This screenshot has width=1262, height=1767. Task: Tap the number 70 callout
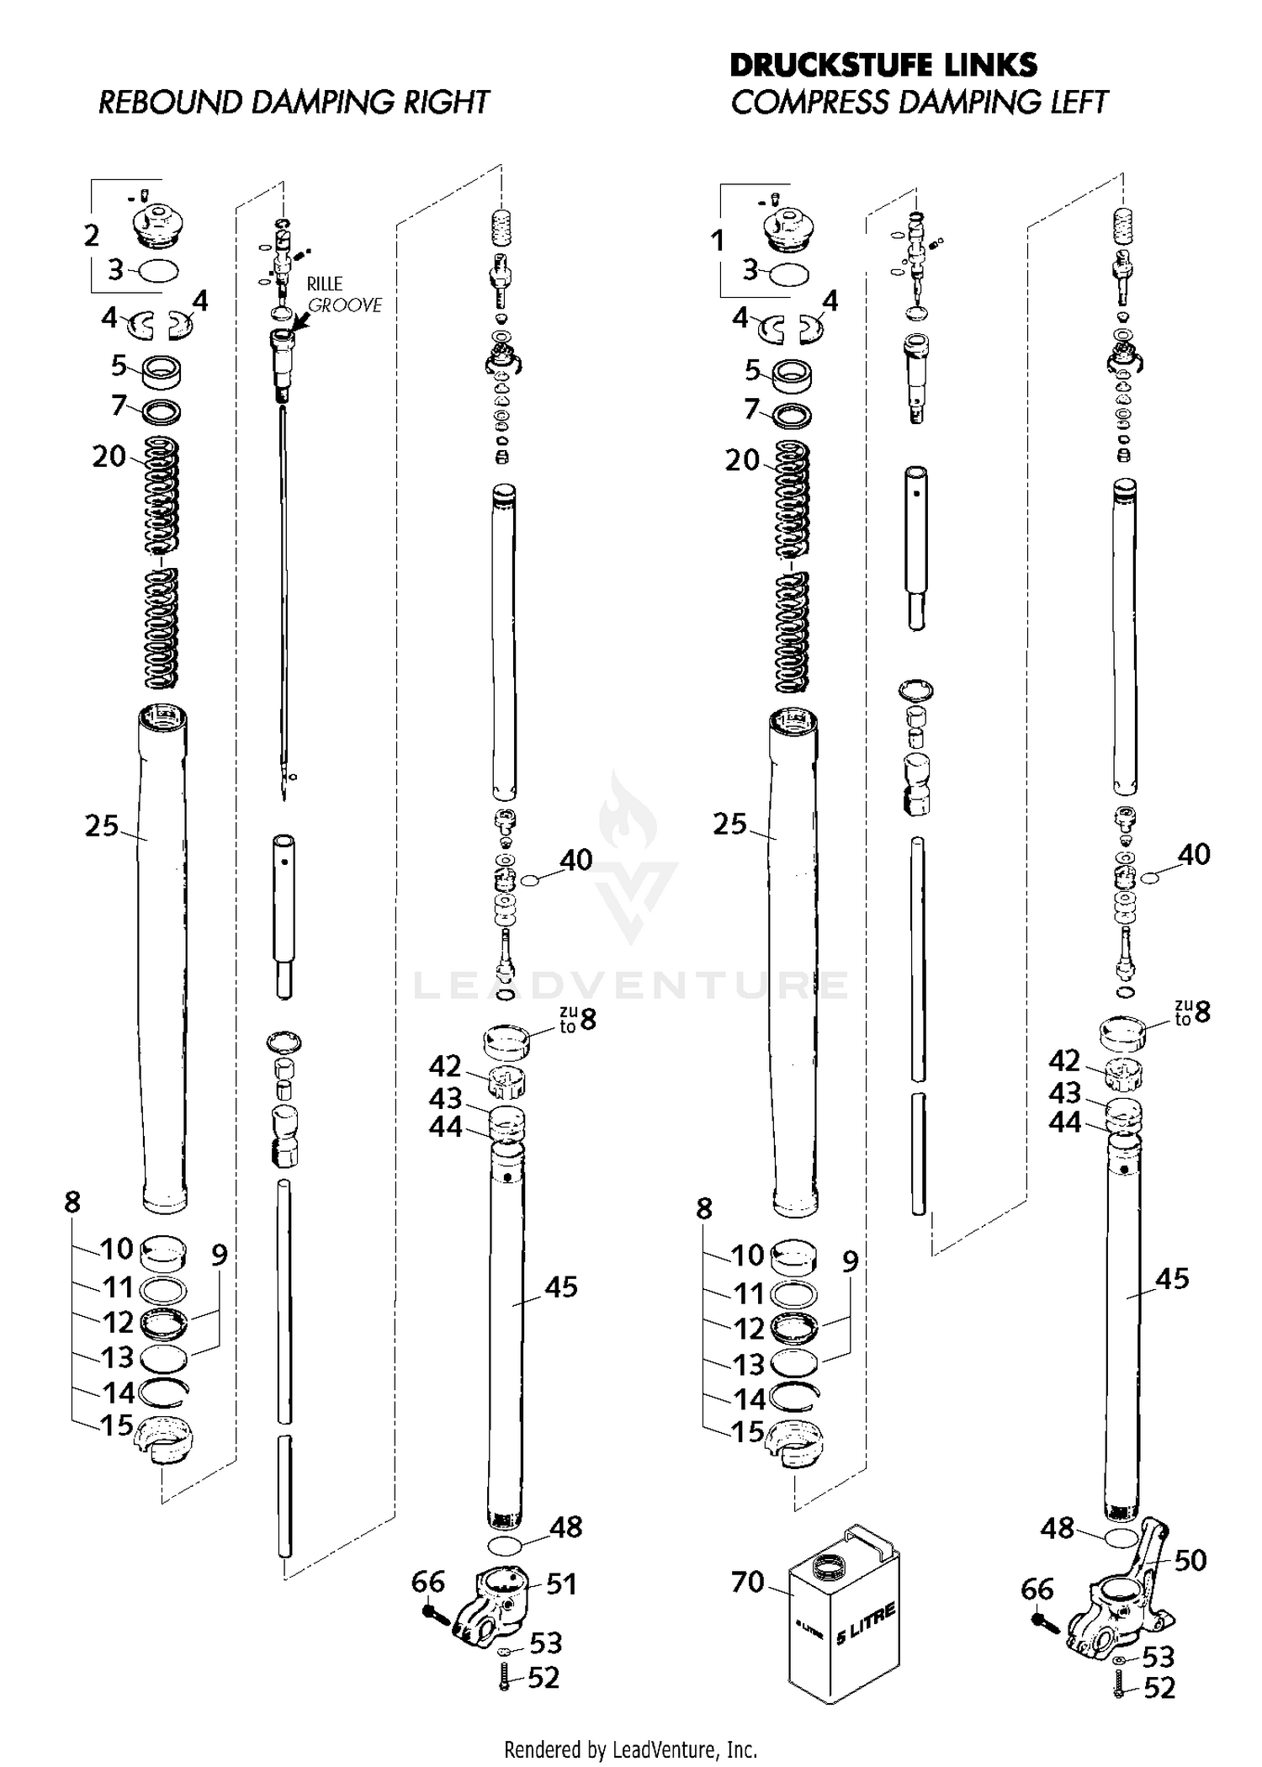(x=747, y=1582)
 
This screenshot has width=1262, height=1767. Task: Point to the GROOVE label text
(x=345, y=305)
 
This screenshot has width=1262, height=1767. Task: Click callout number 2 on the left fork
(x=92, y=235)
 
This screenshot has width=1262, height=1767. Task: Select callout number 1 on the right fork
(x=717, y=241)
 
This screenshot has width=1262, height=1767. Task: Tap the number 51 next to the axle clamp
(x=562, y=1584)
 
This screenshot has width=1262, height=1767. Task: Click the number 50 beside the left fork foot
(x=1190, y=1560)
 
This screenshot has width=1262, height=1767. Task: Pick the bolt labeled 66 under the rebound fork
(x=436, y=1613)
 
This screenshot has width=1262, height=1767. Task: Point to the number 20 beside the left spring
(x=109, y=457)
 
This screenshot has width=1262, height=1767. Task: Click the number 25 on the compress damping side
(x=729, y=824)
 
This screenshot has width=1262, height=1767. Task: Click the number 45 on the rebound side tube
(x=561, y=1287)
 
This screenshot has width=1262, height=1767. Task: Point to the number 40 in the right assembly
(x=1194, y=854)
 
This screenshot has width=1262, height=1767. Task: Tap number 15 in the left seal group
(x=117, y=1425)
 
